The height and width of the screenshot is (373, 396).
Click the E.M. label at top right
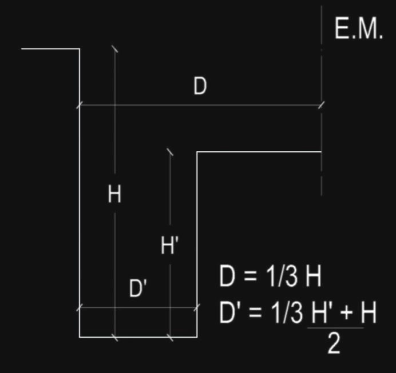(358, 29)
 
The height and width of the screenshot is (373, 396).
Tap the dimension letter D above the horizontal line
(200, 87)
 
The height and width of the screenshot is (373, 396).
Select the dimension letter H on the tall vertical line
(114, 195)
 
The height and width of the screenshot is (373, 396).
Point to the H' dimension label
(171, 247)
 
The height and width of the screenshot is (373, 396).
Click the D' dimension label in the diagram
(139, 288)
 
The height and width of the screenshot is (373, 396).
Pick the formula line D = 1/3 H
(270, 278)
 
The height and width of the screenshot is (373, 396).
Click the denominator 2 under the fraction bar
(334, 344)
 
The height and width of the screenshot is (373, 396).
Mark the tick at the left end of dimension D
(80, 105)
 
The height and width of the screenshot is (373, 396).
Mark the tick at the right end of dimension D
(322, 105)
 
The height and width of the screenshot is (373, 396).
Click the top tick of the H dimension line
(115, 49)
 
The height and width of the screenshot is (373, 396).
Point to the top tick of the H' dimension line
(170, 151)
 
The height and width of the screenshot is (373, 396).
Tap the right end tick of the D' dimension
(197, 307)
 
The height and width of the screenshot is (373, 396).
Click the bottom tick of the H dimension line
(115, 337)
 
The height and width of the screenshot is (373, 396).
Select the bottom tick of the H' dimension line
(170, 337)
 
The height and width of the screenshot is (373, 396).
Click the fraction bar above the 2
(335, 328)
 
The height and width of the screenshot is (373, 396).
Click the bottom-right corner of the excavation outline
(197, 337)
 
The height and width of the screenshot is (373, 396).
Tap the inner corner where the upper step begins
(197, 152)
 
